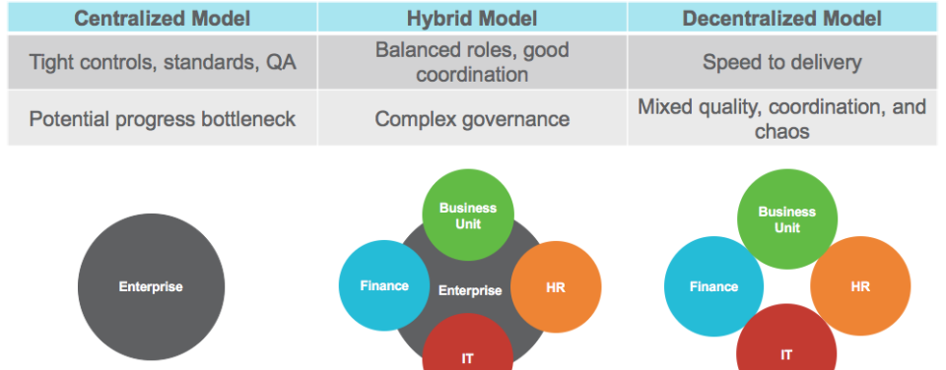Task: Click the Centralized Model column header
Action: [163, 18]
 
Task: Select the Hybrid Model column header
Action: [472, 18]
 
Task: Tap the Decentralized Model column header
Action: [781, 18]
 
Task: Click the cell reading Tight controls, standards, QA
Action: [163, 62]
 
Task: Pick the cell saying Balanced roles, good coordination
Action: [472, 62]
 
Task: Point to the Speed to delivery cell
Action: [781, 62]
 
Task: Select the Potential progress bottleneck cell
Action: [163, 118]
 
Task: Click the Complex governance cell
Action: [472, 118]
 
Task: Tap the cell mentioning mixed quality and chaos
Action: [781, 118]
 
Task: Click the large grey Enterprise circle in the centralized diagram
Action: [151, 286]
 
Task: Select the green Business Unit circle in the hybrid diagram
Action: [467, 216]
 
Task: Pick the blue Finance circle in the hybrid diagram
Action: [384, 285]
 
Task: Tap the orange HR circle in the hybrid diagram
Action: [556, 287]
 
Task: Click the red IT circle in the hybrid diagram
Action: [467, 349]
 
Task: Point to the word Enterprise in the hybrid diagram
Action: [470, 290]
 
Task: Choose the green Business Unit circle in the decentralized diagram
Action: [787, 219]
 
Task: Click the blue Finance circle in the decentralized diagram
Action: [713, 286]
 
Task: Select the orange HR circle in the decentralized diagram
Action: [860, 286]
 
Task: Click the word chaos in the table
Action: [781, 130]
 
